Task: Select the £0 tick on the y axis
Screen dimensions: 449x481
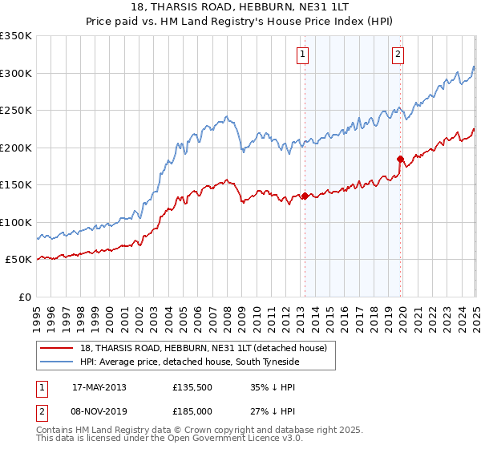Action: click(25, 297)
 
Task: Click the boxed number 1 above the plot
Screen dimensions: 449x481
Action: click(303, 55)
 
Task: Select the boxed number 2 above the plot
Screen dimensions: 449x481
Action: click(398, 55)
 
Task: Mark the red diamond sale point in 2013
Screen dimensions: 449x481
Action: click(305, 196)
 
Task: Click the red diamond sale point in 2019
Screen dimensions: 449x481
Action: click(401, 159)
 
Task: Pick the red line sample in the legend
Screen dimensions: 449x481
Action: click(56, 349)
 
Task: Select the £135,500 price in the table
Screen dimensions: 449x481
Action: click(192, 387)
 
